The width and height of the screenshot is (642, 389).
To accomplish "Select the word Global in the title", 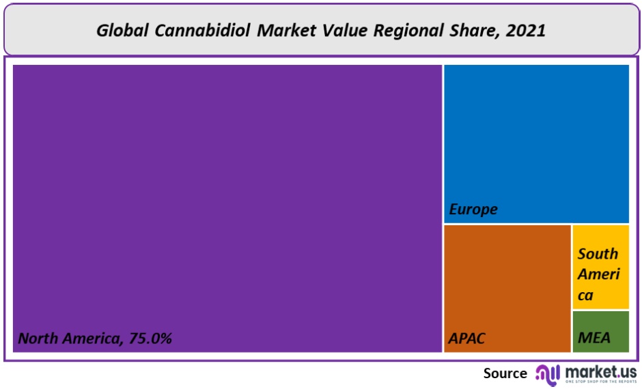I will click(x=120, y=30).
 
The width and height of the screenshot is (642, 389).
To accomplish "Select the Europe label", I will click(x=473, y=210).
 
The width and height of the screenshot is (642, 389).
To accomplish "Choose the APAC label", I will click(x=467, y=338).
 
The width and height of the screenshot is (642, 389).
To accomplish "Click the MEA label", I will click(x=594, y=338).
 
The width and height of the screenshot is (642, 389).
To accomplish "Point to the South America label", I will click(x=598, y=274).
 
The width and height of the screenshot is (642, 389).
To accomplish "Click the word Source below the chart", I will click(x=505, y=373).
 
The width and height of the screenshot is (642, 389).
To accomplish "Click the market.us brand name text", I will click(x=599, y=371).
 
